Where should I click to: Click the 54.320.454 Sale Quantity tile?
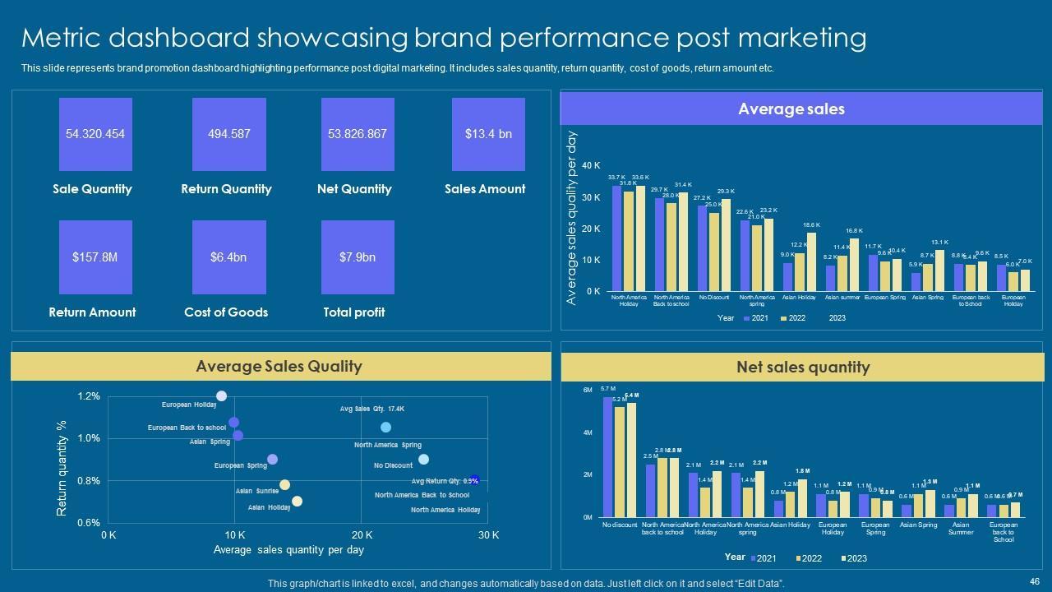click(95, 134)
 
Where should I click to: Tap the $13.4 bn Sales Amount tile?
click(488, 134)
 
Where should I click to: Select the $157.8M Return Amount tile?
click(95, 257)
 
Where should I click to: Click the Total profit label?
click(354, 312)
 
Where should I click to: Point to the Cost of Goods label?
click(226, 312)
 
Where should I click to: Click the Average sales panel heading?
click(791, 109)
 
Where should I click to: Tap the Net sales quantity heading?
click(803, 368)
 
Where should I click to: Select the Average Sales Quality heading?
click(279, 367)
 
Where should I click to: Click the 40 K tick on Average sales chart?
click(591, 166)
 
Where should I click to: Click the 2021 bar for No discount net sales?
click(608, 456)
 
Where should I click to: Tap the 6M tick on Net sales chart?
click(588, 390)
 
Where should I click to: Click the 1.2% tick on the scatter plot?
click(89, 396)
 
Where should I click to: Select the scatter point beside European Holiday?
click(221, 396)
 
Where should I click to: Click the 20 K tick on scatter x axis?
click(362, 535)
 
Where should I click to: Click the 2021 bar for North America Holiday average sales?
click(617, 238)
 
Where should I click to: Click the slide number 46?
click(1034, 580)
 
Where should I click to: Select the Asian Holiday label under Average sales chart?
click(799, 298)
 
